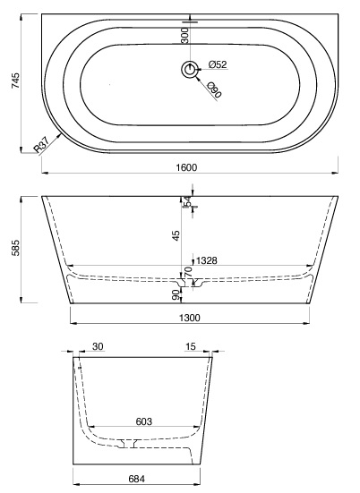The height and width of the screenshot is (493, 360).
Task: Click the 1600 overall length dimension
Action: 187,167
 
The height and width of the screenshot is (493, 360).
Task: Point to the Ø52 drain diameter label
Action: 216,64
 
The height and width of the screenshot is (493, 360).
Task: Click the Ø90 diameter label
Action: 214,89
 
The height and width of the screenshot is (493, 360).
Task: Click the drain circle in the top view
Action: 190,68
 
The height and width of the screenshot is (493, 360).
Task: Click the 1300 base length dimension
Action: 189,317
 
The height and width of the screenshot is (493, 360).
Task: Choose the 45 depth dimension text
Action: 176,234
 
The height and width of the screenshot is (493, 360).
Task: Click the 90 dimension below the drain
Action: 176,295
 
